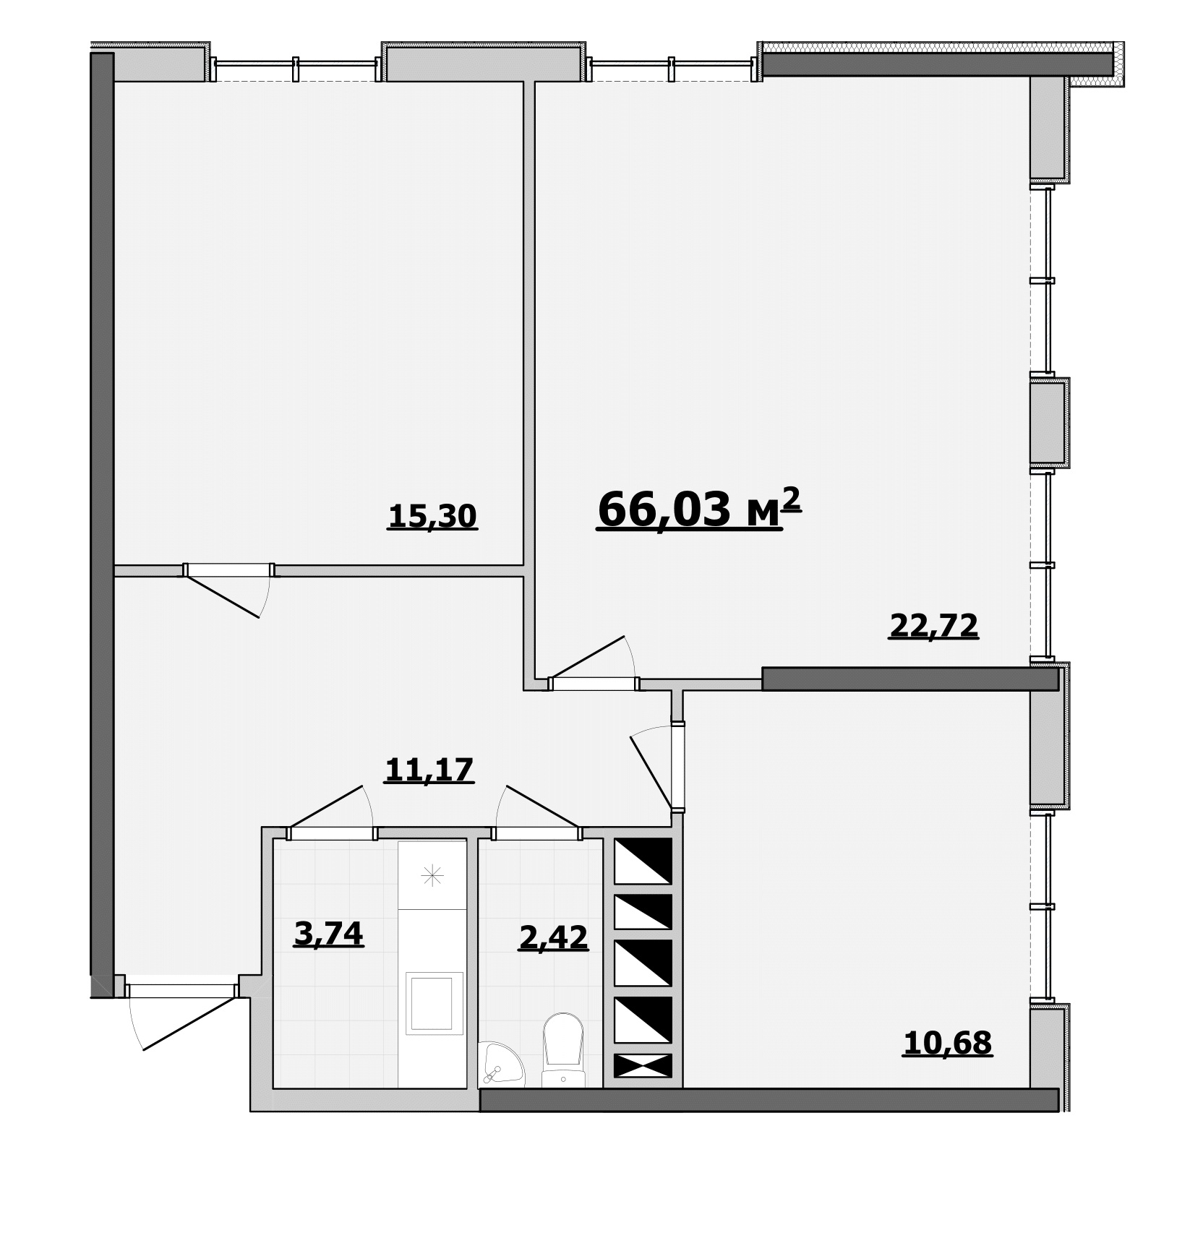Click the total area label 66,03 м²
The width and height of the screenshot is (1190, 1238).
point(699,510)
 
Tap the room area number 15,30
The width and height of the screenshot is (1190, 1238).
point(432,517)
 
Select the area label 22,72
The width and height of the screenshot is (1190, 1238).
point(933,626)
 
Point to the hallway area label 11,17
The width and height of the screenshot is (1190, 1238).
point(429,770)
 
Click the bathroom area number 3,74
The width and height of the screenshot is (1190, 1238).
point(328,934)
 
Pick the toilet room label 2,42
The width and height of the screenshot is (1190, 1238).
point(554,938)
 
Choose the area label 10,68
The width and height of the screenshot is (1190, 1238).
point(947,1044)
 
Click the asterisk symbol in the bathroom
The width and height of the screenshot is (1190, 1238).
point(432,877)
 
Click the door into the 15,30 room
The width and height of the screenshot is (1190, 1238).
point(228,589)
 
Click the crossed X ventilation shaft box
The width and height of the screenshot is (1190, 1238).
point(643,1065)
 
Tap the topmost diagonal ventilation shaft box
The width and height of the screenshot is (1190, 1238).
point(643,861)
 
